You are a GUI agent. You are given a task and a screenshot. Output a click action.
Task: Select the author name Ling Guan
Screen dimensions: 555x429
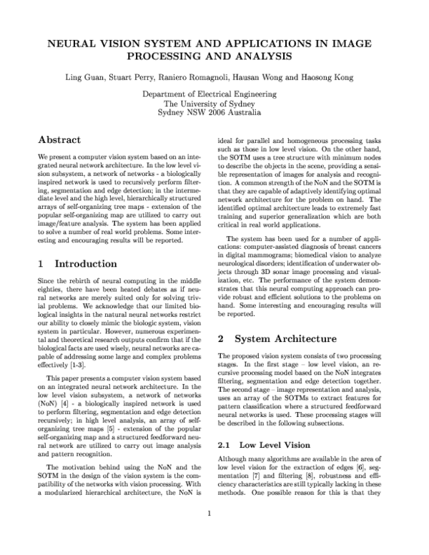point(105,77)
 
